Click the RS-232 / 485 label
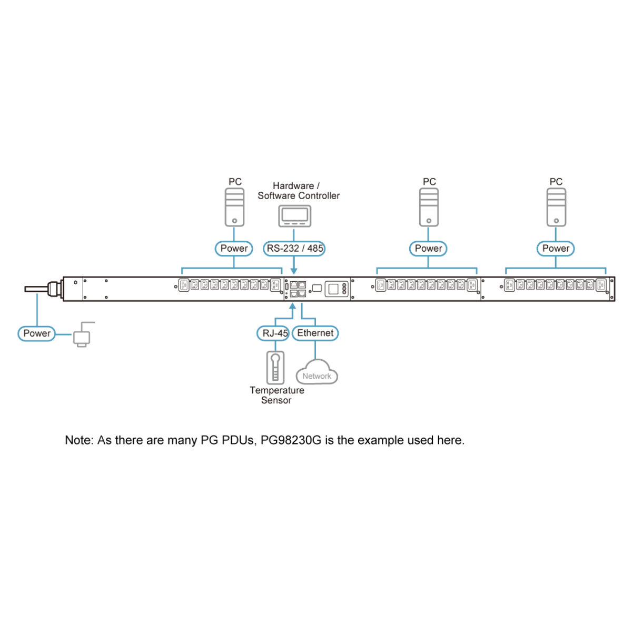pyautogui.click(x=294, y=248)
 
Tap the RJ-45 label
pyautogui.click(x=275, y=333)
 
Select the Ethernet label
pyautogui.click(x=315, y=333)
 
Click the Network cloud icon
pyautogui.click(x=317, y=373)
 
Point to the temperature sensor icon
pyautogui.click(x=275, y=368)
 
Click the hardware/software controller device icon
pyautogui.click(x=294, y=215)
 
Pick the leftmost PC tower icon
pyautogui.click(x=234, y=207)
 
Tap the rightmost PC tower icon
pyautogui.click(x=556, y=207)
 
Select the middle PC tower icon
pyautogui.click(x=429, y=207)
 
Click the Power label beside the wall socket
pyautogui.click(x=37, y=333)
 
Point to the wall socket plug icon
pyautogui.click(x=82, y=335)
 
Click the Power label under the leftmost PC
pyautogui.click(x=234, y=248)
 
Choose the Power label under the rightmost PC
pyautogui.click(x=556, y=248)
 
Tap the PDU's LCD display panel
pyautogui.click(x=334, y=289)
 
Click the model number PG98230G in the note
pyautogui.click(x=291, y=440)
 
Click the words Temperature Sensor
pyautogui.click(x=276, y=395)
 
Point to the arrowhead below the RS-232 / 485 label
pyautogui.click(x=294, y=270)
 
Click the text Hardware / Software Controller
pyautogui.click(x=298, y=191)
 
